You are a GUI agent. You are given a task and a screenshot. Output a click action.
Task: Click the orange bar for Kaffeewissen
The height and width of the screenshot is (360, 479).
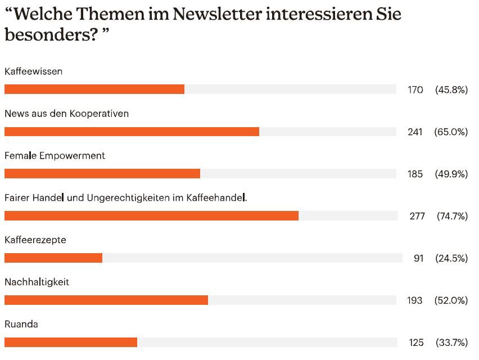click(94, 89)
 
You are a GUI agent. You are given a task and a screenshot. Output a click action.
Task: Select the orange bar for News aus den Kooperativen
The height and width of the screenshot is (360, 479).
click(132, 132)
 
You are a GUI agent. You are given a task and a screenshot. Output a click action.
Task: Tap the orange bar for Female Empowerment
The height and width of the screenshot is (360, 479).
click(102, 174)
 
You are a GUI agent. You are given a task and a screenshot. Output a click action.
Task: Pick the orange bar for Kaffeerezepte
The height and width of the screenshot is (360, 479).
click(53, 258)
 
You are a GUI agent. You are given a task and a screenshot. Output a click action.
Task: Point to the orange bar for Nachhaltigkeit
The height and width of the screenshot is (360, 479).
click(106, 300)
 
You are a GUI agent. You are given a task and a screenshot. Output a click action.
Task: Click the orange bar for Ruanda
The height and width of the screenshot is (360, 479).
click(71, 342)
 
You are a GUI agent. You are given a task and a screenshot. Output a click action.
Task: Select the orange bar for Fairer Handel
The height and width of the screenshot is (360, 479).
click(151, 216)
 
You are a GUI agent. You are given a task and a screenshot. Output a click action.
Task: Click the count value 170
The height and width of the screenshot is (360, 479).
click(415, 90)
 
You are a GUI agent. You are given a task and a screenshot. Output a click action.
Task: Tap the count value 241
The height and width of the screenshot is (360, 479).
click(415, 132)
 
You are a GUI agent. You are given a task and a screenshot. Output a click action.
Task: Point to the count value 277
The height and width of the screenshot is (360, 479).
click(417, 216)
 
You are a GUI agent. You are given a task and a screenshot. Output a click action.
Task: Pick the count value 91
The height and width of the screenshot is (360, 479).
click(418, 258)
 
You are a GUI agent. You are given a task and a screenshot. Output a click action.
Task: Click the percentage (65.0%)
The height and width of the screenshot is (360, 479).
click(451, 132)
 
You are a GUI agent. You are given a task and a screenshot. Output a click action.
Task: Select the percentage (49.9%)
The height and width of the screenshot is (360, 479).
click(451, 174)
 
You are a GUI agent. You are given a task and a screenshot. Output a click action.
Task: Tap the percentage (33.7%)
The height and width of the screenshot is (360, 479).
click(451, 343)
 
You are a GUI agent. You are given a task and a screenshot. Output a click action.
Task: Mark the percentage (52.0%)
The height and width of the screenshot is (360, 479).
click(451, 300)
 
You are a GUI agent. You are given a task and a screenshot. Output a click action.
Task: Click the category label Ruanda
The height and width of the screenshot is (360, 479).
click(21, 324)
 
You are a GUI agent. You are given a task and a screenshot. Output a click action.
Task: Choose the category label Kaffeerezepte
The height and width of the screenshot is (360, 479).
click(35, 240)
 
